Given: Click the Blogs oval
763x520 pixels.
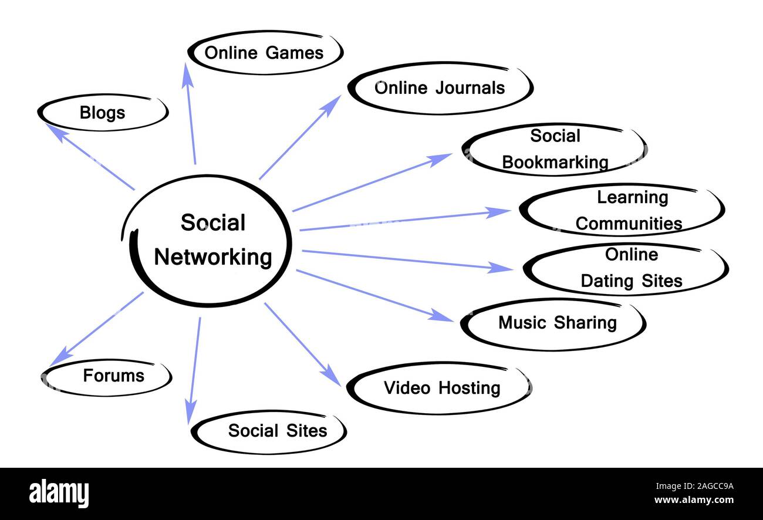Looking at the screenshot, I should [103, 112].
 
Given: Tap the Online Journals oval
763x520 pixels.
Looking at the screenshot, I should [440, 88].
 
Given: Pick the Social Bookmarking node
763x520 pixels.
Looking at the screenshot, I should [554, 149].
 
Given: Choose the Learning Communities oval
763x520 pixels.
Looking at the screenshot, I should [622, 210].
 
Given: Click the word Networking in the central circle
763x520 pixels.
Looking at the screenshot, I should [213, 258].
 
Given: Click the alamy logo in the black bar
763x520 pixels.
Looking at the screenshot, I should [59, 493].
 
